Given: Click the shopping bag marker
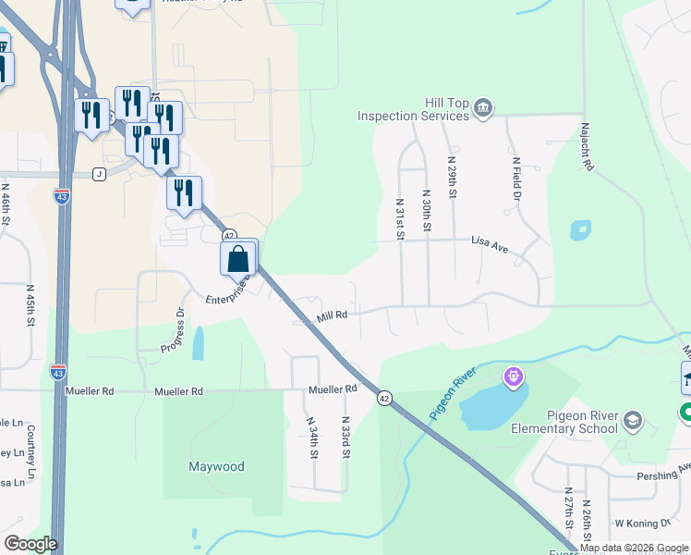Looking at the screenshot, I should click(238, 258).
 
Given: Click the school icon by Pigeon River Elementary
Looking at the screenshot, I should click(633, 422).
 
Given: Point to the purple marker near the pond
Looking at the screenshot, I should click(514, 377).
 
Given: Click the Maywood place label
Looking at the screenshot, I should click(216, 466).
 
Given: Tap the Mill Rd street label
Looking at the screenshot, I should click(332, 314).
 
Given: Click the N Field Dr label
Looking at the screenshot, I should click(516, 178).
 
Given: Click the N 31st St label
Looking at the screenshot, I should click(400, 218).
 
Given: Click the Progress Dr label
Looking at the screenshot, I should click(174, 329).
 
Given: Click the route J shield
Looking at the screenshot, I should click(99, 173).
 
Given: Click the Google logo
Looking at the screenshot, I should click(30, 544).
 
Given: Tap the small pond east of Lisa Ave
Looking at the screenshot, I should click(580, 229).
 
